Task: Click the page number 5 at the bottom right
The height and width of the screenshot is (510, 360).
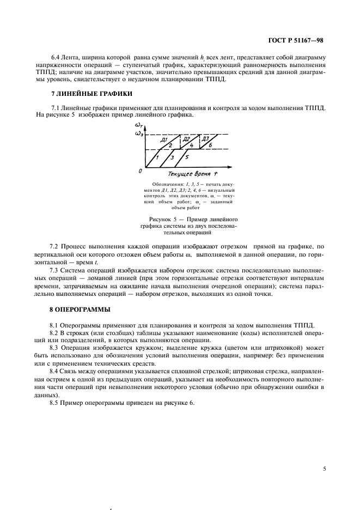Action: [325, 467]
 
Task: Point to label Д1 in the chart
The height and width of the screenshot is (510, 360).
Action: [163, 140]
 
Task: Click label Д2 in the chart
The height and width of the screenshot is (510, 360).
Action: [186, 139]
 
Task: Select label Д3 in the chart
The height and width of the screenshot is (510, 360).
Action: [205, 139]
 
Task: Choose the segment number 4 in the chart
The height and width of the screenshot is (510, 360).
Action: [191, 146]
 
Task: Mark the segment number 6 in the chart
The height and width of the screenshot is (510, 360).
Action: [210, 145]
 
